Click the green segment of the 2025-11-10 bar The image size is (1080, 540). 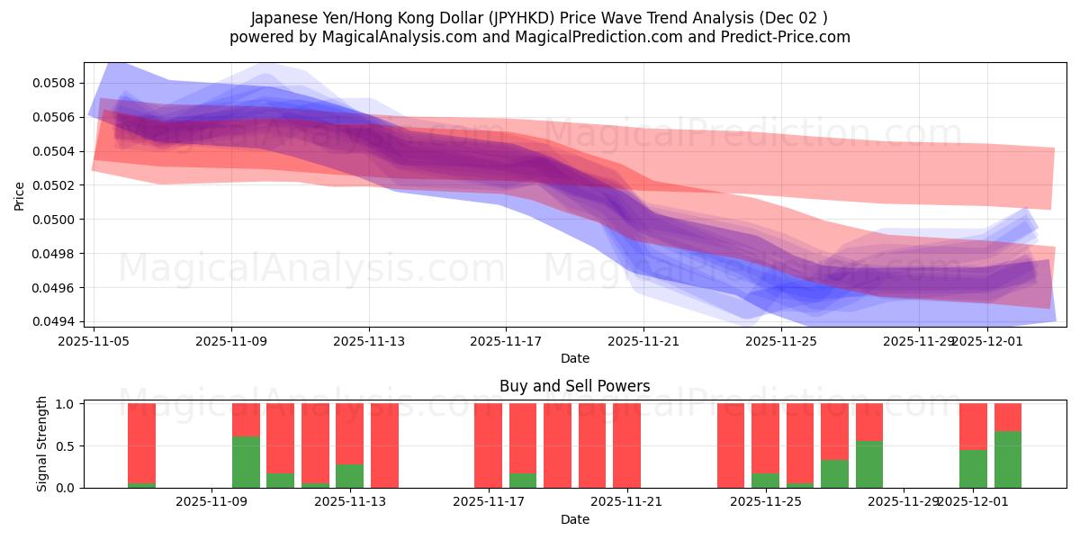pyautogui.click(x=246, y=462)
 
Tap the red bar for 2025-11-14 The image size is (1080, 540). pyautogui.click(x=384, y=445)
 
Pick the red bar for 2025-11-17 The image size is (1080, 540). pyautogui.click(x=488, y=445)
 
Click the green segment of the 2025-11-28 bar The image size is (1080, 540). pyautogui.click(x=868, y=464)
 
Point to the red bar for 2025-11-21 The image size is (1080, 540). pyautogui.click(x=626, y=445)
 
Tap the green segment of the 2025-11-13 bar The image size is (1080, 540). pyautogui.click(x=349, y=475)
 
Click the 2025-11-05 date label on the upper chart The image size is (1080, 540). pyautogui.click(x=94, y=341)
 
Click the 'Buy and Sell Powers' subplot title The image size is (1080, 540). pyautogui.click(x=574, y=386)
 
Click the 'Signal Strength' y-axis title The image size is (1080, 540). pyautogui.click(x=42, y=445)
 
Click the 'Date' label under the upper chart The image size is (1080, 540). pyautogui.click(x=574, y=358)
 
